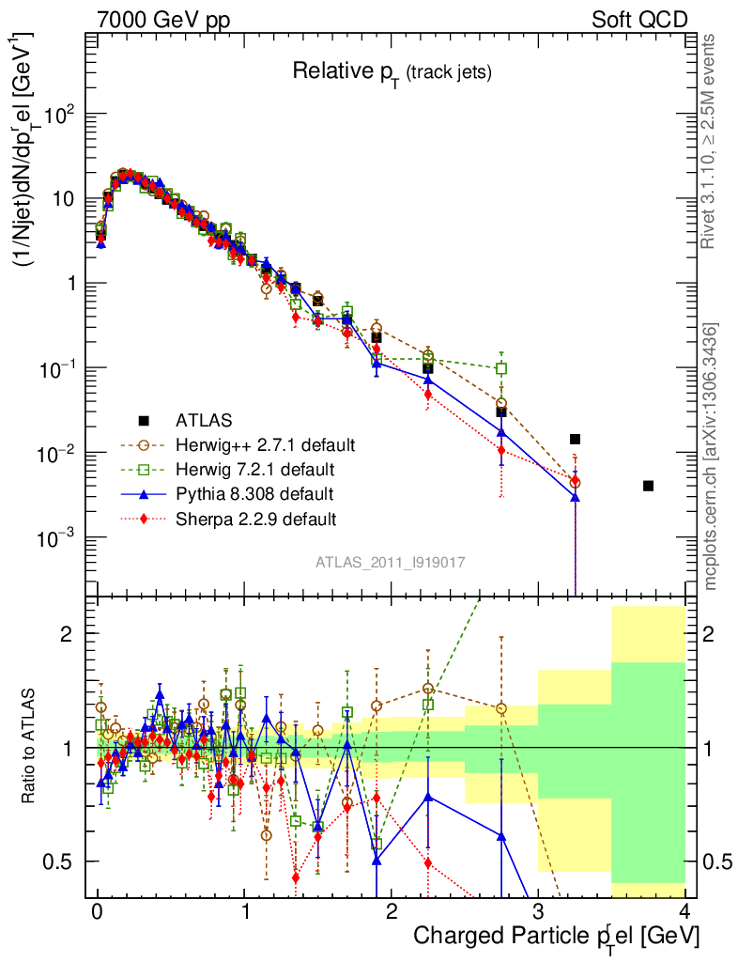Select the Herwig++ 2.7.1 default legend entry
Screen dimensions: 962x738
tap(265, 443)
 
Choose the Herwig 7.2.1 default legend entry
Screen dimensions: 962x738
tap(254, 468)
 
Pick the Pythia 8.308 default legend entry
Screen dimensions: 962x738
tap(254, 493)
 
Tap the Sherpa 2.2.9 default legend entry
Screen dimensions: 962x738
tap(255, 518)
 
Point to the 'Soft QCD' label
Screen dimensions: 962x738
tap(639, 20)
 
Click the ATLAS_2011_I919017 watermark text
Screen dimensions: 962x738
tap(391, 562)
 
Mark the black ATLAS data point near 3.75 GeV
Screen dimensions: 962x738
tap(649, 486)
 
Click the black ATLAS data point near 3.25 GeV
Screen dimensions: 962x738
tap(575, 439)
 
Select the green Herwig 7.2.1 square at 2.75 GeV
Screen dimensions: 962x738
tap(501, 368)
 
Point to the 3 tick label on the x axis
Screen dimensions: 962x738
tap(538, 911)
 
